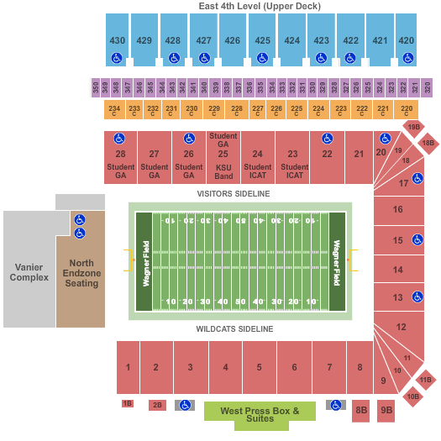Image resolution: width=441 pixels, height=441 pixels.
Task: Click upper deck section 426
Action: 233,40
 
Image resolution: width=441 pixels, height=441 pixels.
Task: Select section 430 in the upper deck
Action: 118,40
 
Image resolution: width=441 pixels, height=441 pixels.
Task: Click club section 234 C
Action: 114,109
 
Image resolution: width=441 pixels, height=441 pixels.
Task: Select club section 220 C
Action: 407,109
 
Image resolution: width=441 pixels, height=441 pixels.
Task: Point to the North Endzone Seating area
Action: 81,272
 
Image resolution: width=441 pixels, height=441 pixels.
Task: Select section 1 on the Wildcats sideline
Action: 128,367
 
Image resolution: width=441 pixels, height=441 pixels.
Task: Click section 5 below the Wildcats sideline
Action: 260,367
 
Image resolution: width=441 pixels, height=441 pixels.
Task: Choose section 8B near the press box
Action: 361,410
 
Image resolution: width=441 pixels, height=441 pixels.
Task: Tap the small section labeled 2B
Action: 157,405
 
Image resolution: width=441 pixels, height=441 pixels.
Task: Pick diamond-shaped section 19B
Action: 412,128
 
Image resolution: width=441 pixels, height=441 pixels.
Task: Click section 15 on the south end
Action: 397,240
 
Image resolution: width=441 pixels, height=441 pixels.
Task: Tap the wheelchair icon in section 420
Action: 407,58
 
